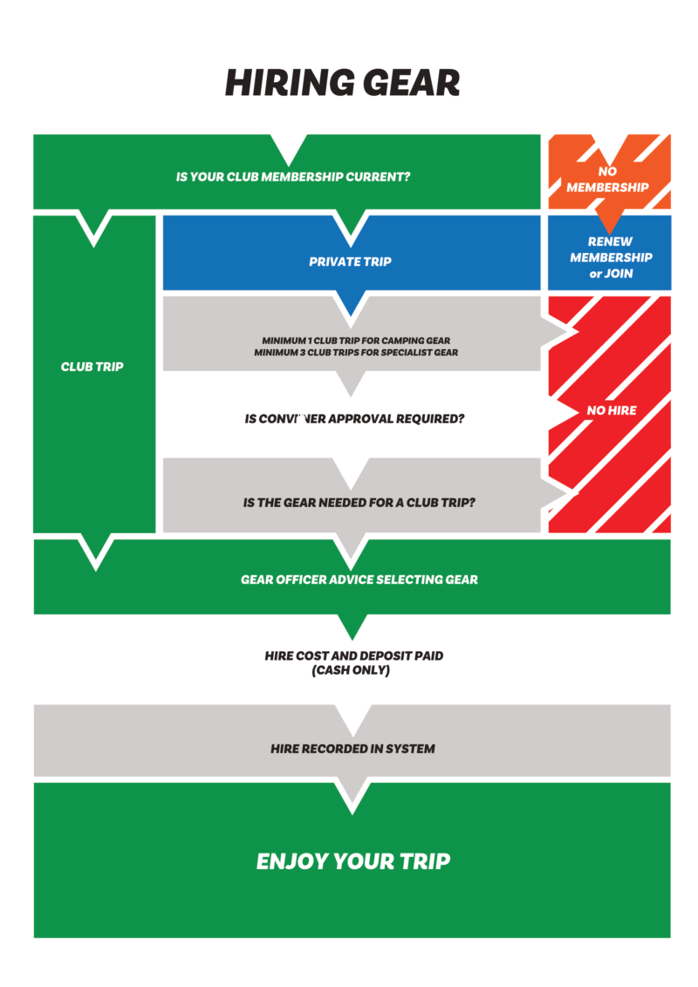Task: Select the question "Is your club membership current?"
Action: coord(293,177)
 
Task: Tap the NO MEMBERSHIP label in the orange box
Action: coord(608,180)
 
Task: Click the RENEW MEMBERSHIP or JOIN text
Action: coord(611,257)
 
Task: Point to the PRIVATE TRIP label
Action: coord(350,262)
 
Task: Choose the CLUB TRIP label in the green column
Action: coord(92,367)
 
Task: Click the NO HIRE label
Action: coord(612,410)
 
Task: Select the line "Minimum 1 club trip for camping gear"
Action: coord(356,340)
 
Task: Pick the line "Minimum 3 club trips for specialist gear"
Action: coord(356,353)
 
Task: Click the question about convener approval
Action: coord(354,419)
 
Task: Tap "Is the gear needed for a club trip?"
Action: coord(359,504)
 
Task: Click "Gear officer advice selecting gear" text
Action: coord(359,579)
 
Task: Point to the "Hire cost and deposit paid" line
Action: coord(353,656)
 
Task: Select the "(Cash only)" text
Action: coord(352,671)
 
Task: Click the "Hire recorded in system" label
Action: coord(352,749)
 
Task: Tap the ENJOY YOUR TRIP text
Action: coord(353,862)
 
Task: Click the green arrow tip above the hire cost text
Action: coord(352,630)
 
